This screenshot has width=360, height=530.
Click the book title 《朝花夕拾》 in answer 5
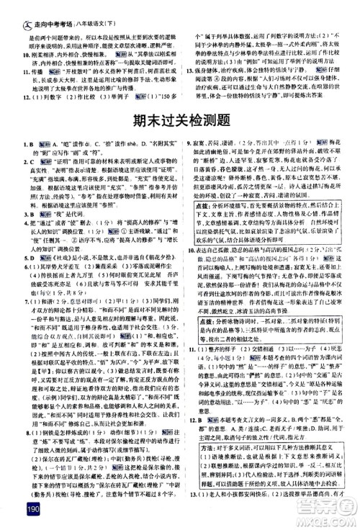148,256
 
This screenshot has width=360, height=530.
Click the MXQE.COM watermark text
320,521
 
